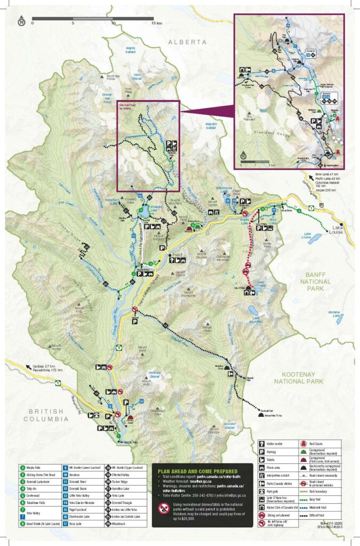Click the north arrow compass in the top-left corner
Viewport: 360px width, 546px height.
point(21,21)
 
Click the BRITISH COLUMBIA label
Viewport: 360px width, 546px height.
point(46,415)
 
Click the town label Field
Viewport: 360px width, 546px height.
point(177,256)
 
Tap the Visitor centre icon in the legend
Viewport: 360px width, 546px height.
point(261,443)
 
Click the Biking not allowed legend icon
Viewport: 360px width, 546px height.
point(261,517)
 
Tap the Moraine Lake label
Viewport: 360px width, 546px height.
point(334,314)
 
